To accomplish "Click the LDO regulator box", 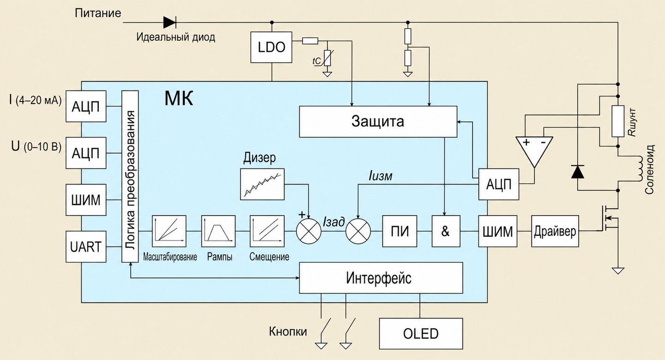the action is [x=271, y=47].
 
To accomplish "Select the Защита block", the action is [x=378, y=121].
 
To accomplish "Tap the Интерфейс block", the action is [x=381, y=278].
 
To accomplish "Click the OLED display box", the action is [x=421, y=334].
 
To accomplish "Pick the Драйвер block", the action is [x=555, y=231].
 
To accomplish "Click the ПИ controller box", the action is [x=399, y=231].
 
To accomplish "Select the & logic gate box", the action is [x=446, y=231].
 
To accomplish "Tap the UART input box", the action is [x=86, y=246].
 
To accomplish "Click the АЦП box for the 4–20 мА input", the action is [x=86, y=106].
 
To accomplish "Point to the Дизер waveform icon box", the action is [x=262, y=184].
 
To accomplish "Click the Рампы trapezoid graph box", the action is [x=218, y=231].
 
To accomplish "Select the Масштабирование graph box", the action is [x=169, y=231].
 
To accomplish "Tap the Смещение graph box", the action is [x=267, y=231].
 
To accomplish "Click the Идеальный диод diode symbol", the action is [x=169, y=23].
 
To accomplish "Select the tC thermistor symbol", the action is [x=327, y=58].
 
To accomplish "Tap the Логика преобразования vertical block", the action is [x=130, y=177].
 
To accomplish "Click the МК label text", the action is [x=179, y=98].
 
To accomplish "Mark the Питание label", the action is [x=98, y=13].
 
